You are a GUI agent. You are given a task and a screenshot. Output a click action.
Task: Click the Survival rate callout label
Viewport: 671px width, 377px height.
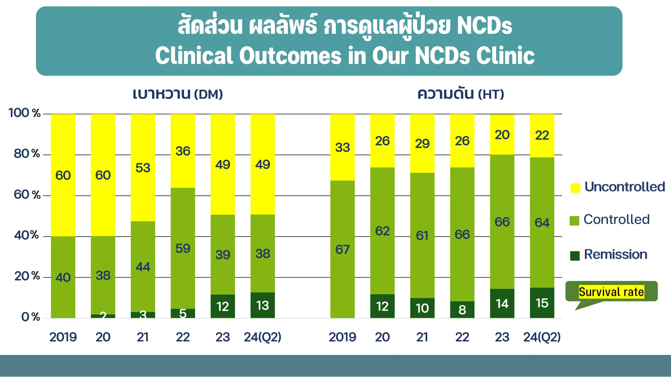611,292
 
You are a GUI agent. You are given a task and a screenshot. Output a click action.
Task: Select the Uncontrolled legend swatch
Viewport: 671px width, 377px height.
575,188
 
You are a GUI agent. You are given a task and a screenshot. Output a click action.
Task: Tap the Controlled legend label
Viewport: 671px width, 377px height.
616,220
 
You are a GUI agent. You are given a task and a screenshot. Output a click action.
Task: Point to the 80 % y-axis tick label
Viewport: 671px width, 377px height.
27,153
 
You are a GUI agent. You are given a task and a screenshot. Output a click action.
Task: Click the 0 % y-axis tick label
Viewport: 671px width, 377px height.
30,317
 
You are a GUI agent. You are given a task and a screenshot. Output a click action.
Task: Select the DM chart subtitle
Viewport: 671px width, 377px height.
178,94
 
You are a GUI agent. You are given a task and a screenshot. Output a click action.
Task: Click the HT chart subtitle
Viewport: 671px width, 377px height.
460,94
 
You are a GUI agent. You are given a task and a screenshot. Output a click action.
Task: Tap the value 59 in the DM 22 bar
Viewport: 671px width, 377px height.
183,249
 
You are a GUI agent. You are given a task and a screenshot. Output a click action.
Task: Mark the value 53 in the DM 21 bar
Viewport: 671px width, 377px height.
143,168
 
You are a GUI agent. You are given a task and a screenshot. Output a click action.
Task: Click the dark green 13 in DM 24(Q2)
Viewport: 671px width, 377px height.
262,306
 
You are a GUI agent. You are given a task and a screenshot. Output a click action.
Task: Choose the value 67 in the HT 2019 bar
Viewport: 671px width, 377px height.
342,250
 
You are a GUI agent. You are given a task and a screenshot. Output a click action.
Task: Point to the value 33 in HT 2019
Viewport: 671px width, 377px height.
342,147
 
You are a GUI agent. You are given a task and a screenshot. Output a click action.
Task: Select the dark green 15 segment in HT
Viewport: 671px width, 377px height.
542,303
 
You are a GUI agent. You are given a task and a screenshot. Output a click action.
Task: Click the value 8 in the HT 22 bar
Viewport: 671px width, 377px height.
462,310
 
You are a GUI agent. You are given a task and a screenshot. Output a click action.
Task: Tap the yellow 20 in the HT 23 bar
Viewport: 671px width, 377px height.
502,135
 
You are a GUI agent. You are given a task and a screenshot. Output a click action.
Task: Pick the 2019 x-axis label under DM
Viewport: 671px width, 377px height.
63,337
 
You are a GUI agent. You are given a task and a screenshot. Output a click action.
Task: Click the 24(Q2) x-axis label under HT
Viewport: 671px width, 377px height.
542,337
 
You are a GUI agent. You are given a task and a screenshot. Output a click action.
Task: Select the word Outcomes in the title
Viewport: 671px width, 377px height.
290,56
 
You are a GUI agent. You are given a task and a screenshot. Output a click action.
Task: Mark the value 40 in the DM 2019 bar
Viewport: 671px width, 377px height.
63,278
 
